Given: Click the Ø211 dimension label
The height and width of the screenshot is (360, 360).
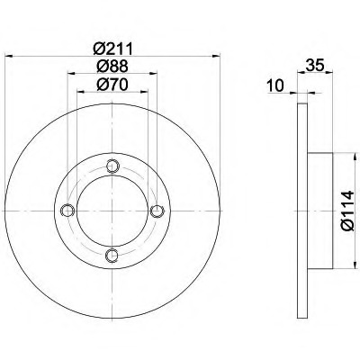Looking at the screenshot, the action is [112, 49].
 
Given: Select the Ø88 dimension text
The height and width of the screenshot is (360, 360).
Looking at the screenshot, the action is [112, 66].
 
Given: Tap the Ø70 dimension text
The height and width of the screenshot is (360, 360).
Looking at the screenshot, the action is [112, 85].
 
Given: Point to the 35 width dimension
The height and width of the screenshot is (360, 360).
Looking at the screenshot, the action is [315, 66].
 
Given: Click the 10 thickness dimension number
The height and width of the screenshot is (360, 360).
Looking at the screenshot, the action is [275, 85].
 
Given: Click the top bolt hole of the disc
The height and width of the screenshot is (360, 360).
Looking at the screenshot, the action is [112, 166].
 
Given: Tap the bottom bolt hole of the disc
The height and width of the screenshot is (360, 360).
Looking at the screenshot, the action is [112, 256].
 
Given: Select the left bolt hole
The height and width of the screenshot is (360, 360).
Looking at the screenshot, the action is [67, 211].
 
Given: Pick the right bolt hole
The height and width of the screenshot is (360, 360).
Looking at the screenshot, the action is [157, 211].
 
